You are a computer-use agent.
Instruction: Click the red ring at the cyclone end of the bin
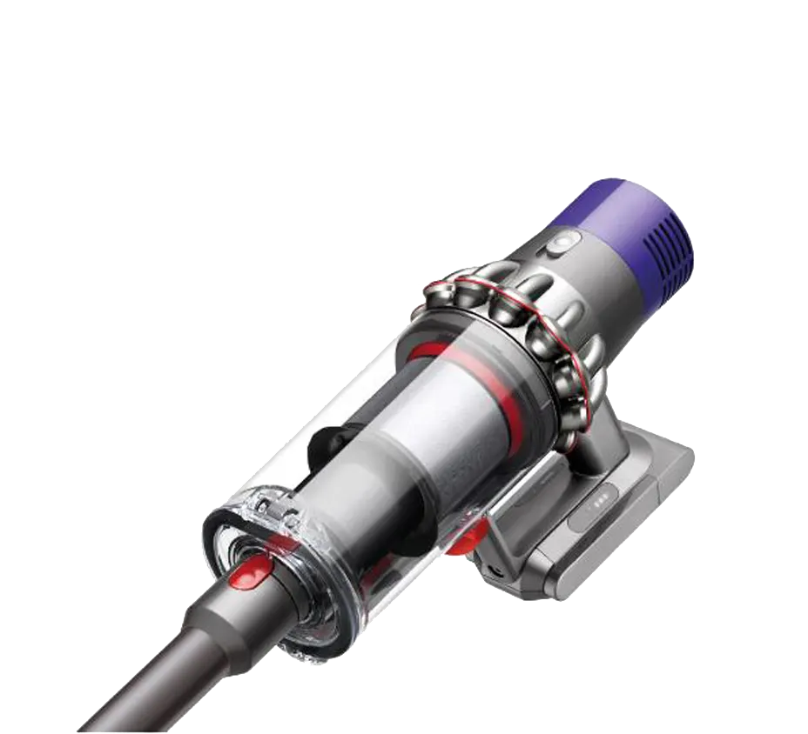point(427,350)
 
